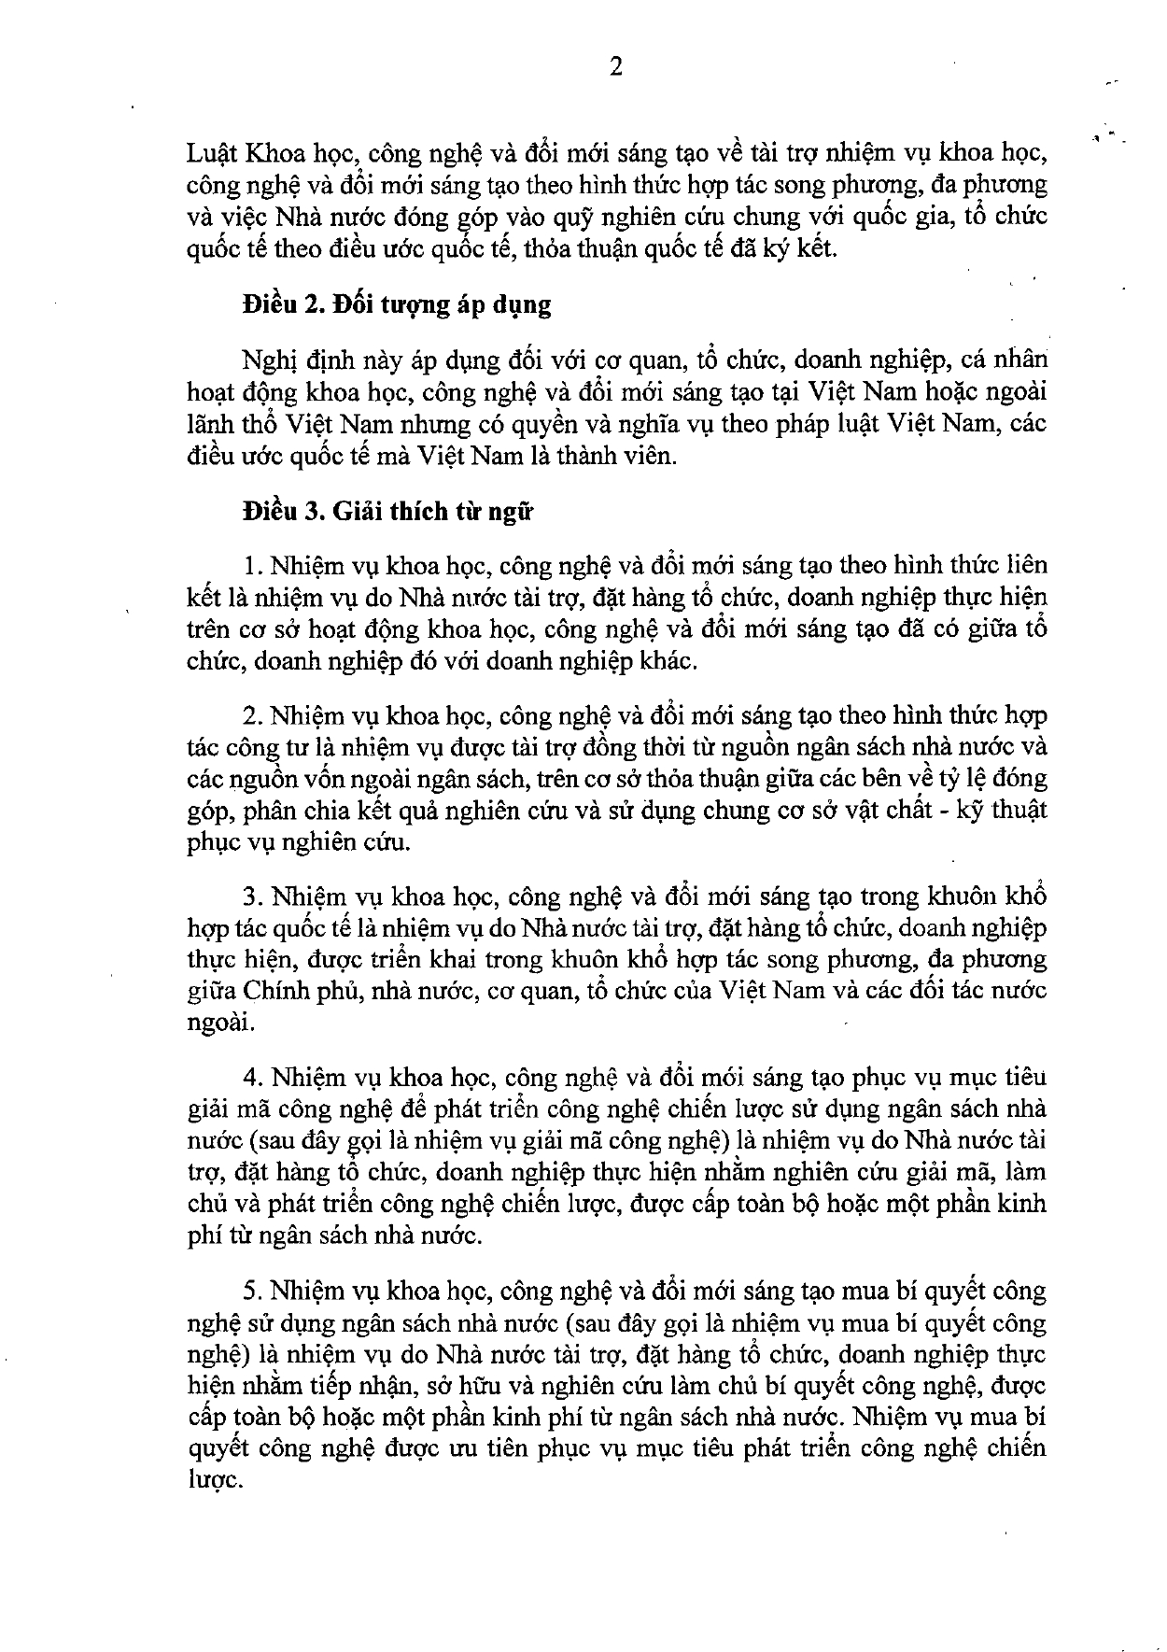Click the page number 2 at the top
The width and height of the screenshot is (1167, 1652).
click(615, 68)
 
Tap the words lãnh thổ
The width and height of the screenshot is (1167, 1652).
click(227, 425)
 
